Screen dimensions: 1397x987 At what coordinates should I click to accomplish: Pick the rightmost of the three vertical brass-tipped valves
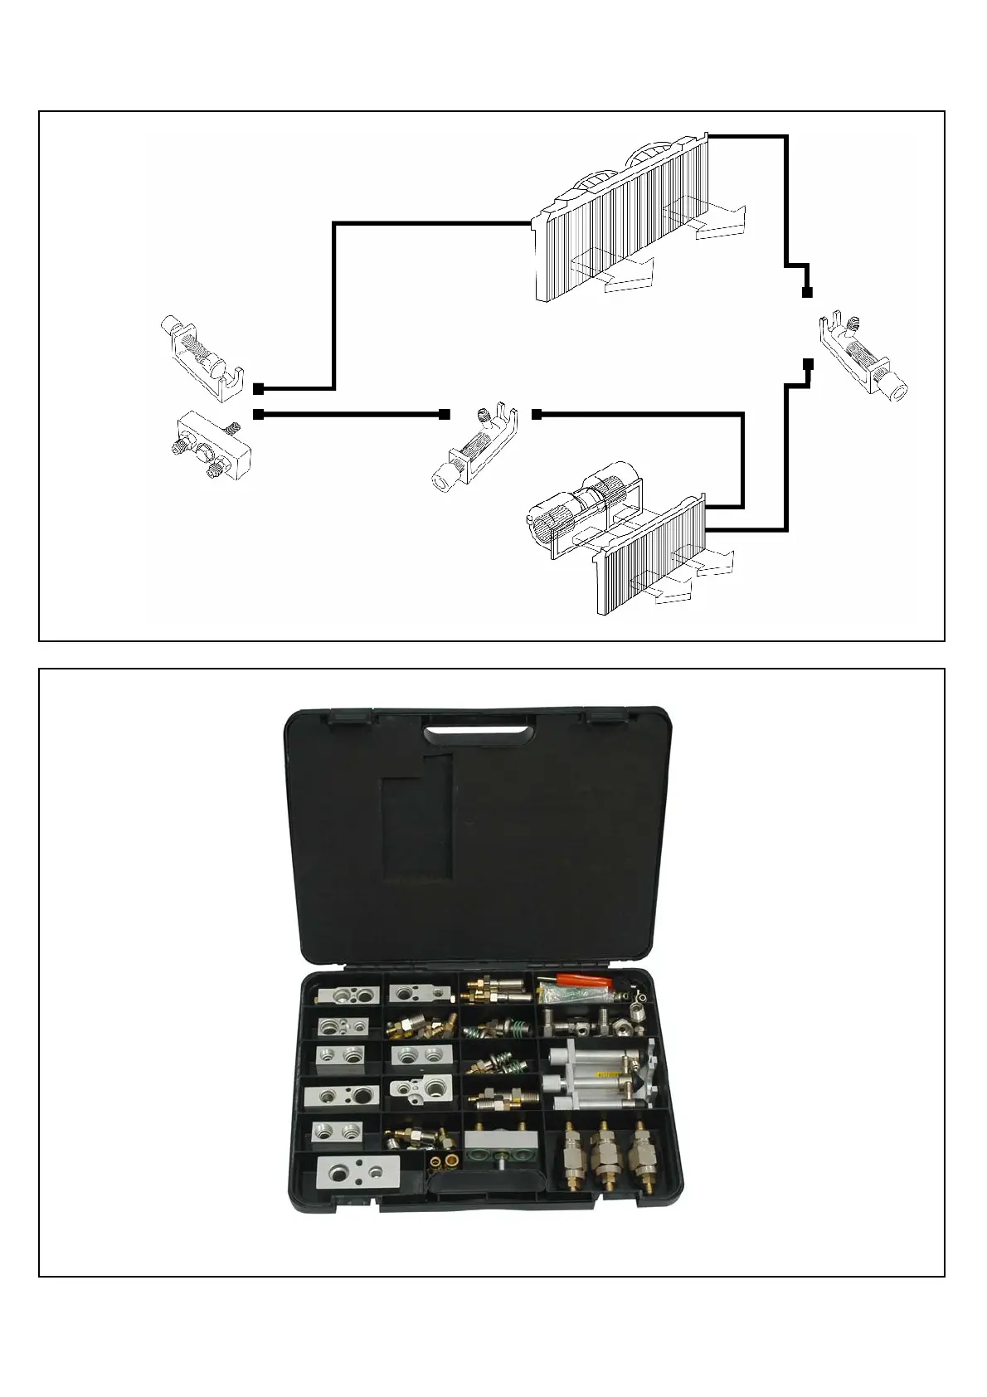click(x=639, y=1151)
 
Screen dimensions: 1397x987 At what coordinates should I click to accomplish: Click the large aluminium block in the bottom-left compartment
click(x=358, y=1175)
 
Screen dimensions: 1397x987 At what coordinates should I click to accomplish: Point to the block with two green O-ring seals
click(x=497, y=1156)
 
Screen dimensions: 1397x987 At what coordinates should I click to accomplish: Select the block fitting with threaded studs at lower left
click(x=208, y=445)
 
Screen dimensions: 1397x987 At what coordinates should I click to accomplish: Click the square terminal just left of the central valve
click(x=445, y=413)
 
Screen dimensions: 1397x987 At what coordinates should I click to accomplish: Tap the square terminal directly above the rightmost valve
click(x=807, y=292)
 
